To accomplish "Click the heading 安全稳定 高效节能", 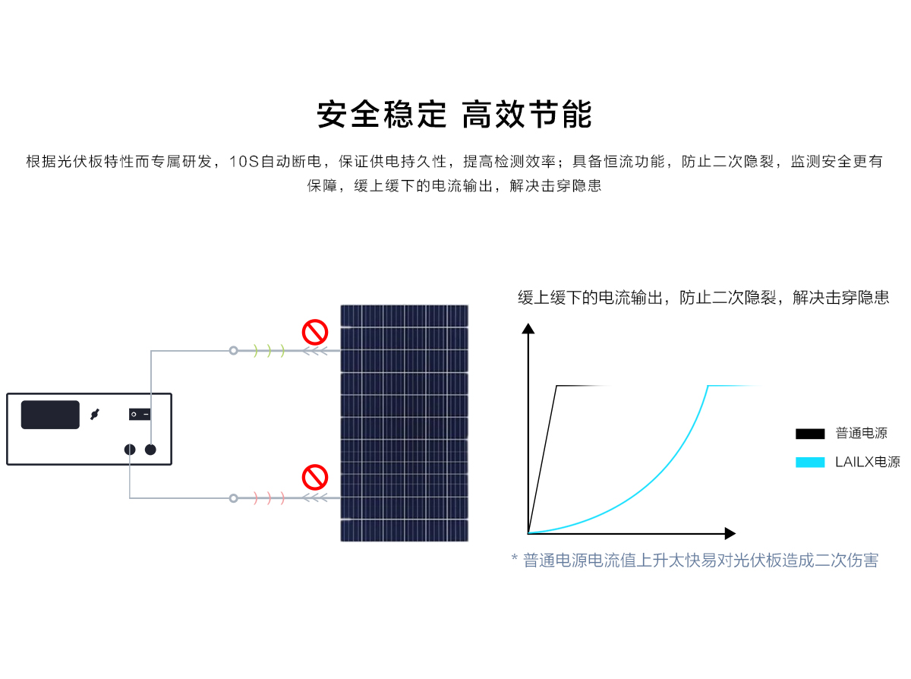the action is [x=454, y=115].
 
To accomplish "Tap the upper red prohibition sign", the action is [x=314, y=332].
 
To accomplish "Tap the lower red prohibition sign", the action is [x=314, y=477].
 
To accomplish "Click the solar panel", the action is [x=404, y=423].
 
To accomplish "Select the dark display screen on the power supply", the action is [x=50, y=414].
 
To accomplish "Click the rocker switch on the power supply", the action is [x=140, y=414].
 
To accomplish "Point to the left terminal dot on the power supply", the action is [x=130, y=449].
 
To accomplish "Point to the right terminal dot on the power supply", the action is [x=151, y=449].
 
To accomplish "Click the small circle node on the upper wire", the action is [x=233, y=351].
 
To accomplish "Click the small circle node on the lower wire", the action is [x=233, y=498].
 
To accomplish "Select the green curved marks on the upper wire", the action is [x=269, y=351].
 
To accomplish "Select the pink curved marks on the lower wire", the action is [x=269, y=498].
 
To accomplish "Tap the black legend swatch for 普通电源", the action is [x=810, y=434].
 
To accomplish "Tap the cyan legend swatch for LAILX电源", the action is [x=810, y=462].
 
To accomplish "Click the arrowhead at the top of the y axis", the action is [x=528, y=328].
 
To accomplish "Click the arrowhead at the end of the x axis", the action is [x=730, y=533].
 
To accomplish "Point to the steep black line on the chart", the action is [x=542, y=460].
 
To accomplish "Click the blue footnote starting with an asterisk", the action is [x=695, y=561].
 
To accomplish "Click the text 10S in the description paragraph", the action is [x=244, y=162].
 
